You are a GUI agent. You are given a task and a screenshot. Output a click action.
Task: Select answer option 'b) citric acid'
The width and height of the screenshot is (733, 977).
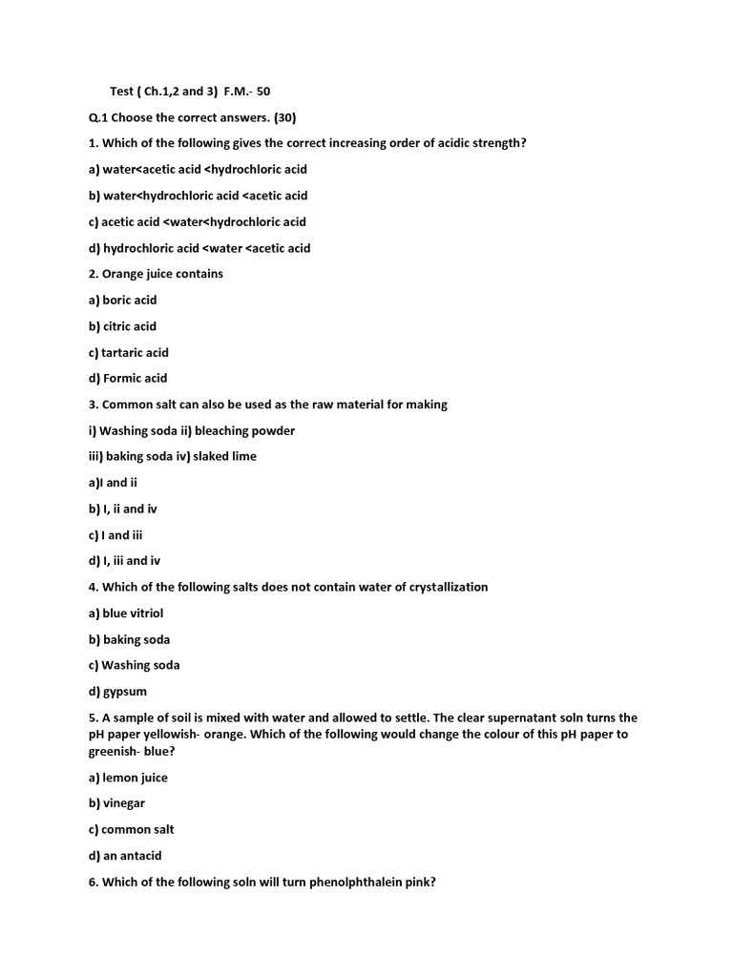pos(122,326)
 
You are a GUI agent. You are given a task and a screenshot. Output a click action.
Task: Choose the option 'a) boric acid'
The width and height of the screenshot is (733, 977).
pos(122,300)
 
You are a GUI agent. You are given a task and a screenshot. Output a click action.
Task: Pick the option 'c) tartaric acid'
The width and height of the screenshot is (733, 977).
pos(128,352)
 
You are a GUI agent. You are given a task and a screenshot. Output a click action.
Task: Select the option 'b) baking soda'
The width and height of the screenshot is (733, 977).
pos(129,639)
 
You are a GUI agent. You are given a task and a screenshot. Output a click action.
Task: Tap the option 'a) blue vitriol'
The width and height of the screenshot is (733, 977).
pos(126,613)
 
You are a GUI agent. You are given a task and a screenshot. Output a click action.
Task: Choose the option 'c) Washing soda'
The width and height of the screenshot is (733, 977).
pos(134,665)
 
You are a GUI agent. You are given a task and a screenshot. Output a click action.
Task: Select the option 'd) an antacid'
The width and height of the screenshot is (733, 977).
pos(125,856)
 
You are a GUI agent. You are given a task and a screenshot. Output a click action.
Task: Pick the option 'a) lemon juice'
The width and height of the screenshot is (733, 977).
pos(128,778)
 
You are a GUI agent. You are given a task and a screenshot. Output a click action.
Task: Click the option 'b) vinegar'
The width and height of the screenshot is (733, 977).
pos(116,803)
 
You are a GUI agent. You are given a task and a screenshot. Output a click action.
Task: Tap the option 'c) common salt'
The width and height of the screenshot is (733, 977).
pos(131,830)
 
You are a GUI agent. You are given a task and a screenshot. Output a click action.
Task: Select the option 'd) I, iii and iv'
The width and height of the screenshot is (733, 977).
pos(124,561)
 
